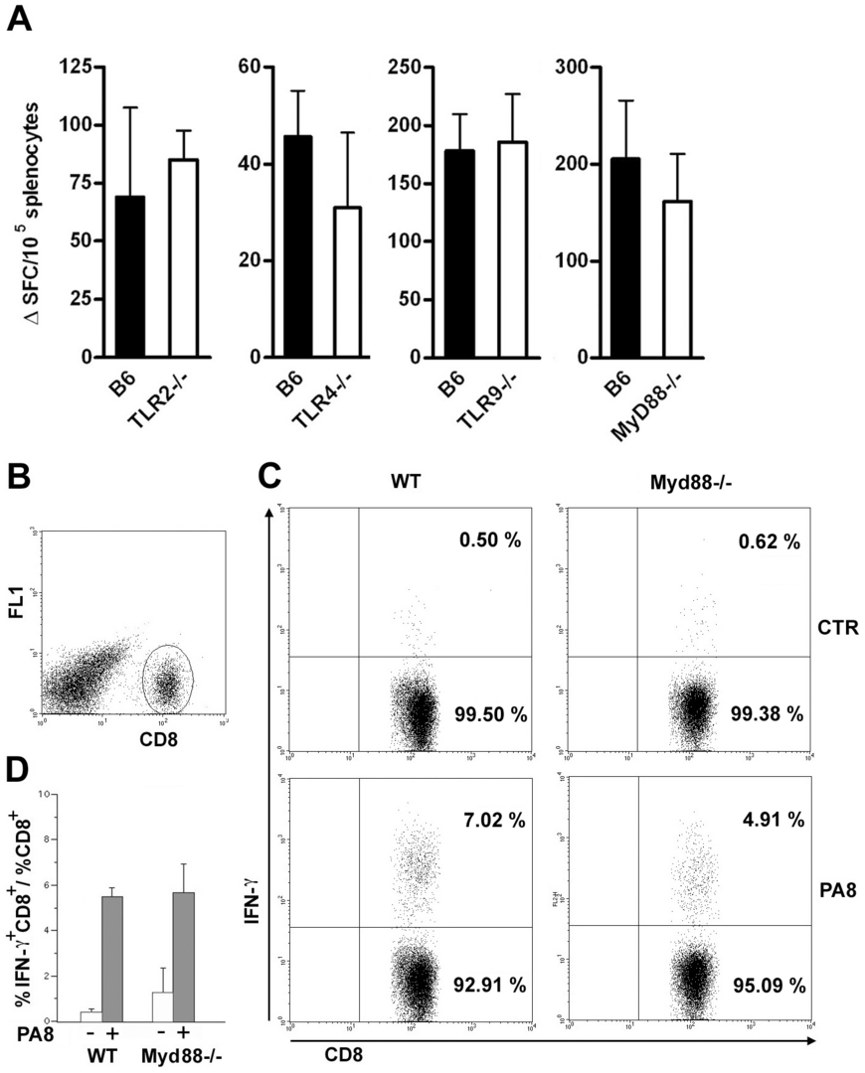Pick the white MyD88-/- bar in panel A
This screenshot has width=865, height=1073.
[676, 279]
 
